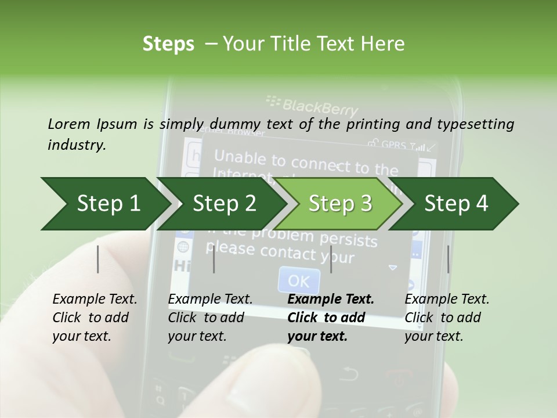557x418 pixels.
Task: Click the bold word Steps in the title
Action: coord(168,44)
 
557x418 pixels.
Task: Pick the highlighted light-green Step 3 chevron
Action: coord(340,204)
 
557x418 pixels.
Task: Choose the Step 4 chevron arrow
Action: coord(456,204)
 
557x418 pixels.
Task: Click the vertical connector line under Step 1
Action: coord(98,259)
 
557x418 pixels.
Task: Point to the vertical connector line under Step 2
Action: coord(214,259)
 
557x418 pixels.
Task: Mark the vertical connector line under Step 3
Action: coord(331,259)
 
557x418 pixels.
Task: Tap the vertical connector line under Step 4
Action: coord(449,259)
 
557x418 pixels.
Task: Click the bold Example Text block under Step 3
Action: coord(331,318)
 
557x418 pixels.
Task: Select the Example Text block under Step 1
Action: coord(95,318)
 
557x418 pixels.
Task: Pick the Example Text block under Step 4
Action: coord(447,318)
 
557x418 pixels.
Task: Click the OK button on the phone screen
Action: coord(299,281)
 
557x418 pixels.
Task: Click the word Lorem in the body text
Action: coord(68,124)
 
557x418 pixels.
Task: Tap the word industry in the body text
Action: coord(77,145)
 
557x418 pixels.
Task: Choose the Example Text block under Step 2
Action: coord(210,318)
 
